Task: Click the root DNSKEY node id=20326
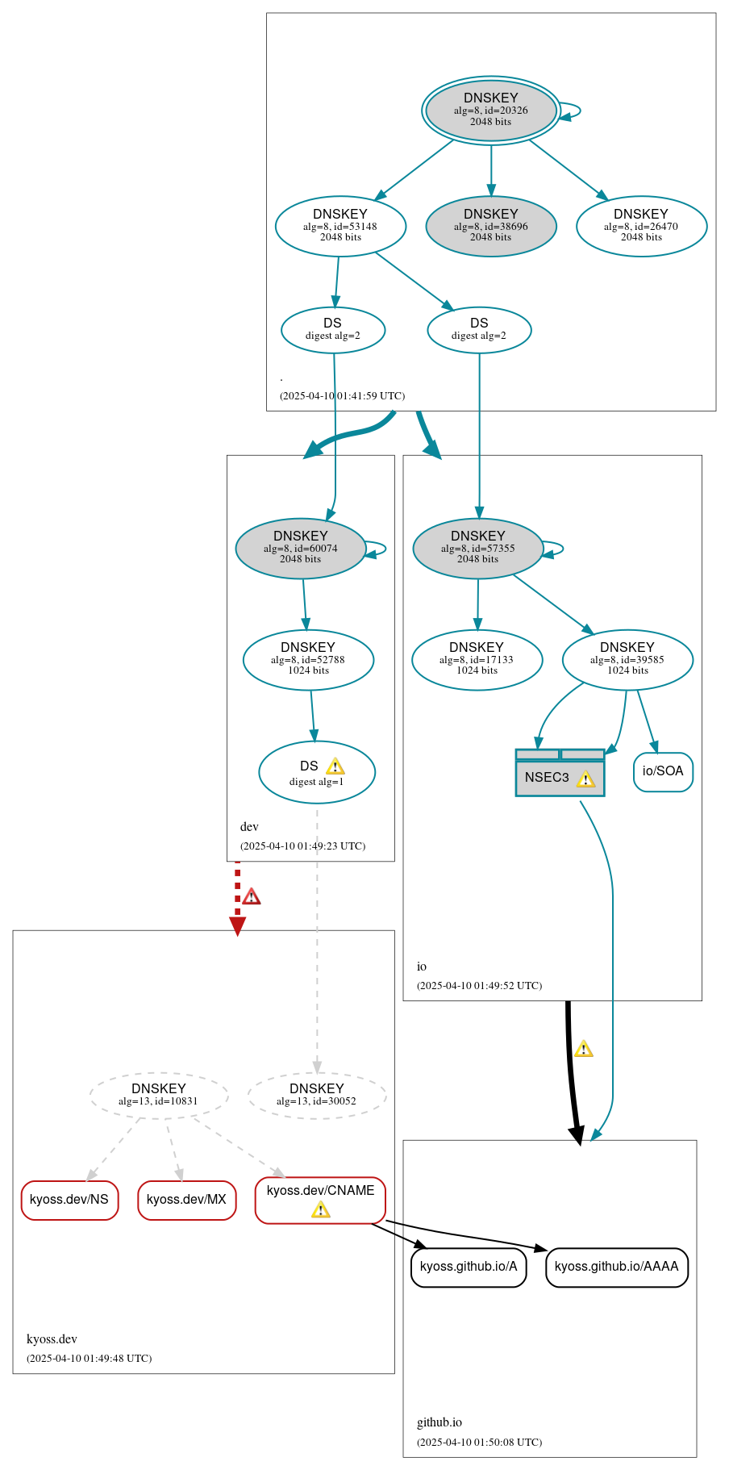490,111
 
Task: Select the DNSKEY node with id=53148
340,227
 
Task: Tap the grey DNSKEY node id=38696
490,227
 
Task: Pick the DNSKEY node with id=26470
641,227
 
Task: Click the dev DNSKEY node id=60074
300,549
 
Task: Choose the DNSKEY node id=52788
308,660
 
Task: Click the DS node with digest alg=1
316,772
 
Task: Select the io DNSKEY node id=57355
477,549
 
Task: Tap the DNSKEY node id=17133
477,660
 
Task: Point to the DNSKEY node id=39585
627,660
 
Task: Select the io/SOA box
663,772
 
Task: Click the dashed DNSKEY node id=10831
159,1096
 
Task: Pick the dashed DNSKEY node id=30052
317,1096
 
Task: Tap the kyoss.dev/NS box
69,1201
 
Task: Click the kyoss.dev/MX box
186,1201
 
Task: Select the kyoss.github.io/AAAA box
617,1267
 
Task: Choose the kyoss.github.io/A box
469,1267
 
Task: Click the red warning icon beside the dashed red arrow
252,896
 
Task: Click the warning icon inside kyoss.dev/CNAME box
320,1209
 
